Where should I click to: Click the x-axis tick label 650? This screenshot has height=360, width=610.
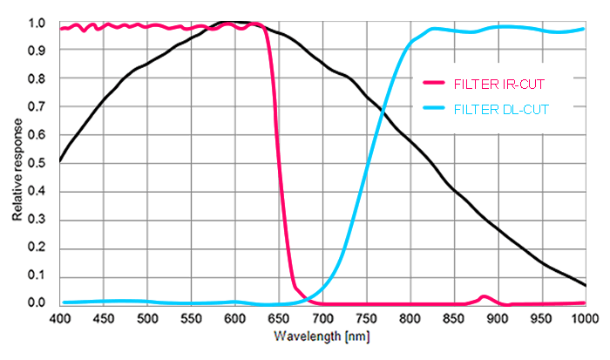(x=279, y=320)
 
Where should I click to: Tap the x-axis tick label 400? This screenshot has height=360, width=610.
(x=60, y=320)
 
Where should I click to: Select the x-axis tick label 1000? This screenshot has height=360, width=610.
(x=584, y=320)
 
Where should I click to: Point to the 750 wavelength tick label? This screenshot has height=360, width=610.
(x=366, y=320)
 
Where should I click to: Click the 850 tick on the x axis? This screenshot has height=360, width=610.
(x=454, y=320)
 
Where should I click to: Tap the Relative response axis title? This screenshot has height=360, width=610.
(x=17, y=164)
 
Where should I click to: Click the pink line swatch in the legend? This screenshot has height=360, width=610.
(x=434, y=83)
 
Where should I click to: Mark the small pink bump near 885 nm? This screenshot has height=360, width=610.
(x=485, y=297)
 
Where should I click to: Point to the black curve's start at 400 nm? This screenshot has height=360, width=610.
(x=60, y=160)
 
